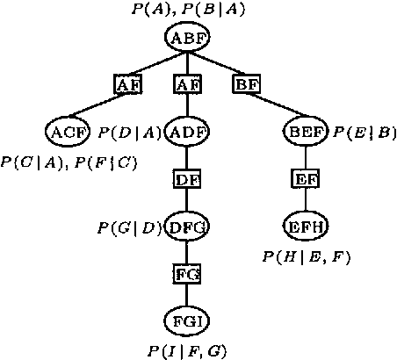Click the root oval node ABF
tap(186, 38)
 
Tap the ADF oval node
tap(185, 133)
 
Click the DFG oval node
tap(186, 227)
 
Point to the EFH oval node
tap(306, 227)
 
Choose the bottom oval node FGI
tap(186, 320)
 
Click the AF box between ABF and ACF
tap(127, 85)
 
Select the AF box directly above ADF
tap(186, 85)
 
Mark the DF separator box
tap(186, 180)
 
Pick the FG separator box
tap(186, 274)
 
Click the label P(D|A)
tap(128, 133)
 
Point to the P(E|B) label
tap(365, 133)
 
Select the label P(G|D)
tap(128, 228)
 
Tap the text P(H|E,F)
tap(306, 256)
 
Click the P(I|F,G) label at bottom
tap(187, 351)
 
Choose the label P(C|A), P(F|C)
tap(69, 162)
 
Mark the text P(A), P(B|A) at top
tap(187, 11)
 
